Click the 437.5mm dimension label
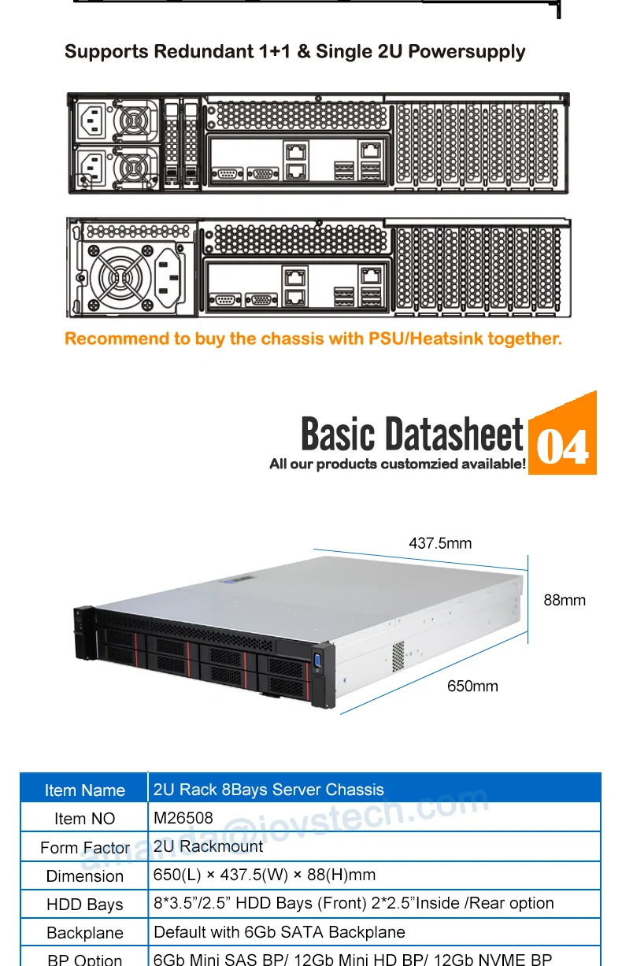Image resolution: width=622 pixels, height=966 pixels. point(440,543)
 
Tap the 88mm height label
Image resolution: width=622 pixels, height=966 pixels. point(565,600)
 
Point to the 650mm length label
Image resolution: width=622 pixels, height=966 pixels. point(472,687)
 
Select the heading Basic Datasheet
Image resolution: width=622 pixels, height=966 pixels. point(412,434)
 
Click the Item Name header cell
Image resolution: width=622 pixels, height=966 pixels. point(84,790)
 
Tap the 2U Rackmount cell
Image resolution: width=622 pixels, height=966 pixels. point(209,846)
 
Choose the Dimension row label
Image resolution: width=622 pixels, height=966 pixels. point(84,876)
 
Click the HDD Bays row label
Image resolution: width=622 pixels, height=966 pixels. point(84,905)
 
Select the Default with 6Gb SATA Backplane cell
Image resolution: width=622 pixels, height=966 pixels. point(280,932)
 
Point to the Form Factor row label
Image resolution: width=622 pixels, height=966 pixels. point(84,848)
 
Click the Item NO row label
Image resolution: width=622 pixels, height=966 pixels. point(84,819)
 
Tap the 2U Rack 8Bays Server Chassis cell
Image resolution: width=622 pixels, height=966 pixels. point(268,790)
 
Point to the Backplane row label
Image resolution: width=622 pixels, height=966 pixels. point(84,933)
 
